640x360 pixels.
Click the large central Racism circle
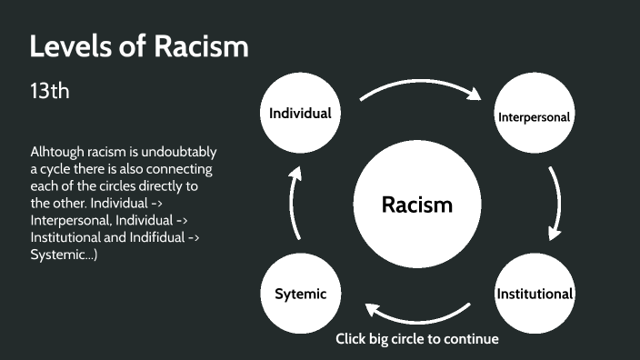click(x=416, y=205)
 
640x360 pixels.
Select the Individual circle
click(x=299, y=114)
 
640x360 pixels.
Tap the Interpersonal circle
click(x=534, y=116)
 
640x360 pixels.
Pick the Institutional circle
click(x=534, y=294)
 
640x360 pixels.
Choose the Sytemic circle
click(x=299, y=294)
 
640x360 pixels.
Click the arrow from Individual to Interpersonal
click(x=418, y=84)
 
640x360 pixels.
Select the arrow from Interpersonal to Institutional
click(x=555, y=203)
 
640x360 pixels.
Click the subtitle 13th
click(x=50, y=92)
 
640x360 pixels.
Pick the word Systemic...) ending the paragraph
click(x=64, y=255)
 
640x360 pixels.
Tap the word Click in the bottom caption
click(x=352, y=339)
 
